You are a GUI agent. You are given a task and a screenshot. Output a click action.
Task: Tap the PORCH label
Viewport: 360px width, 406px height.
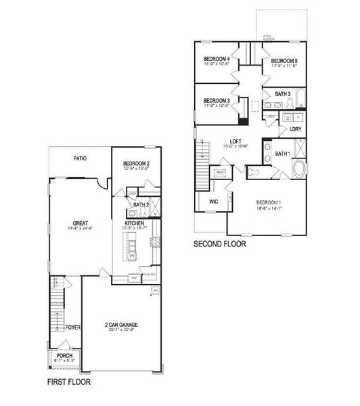click(64, 355)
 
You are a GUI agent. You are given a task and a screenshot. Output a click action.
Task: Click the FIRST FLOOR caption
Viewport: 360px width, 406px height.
click(68, 382)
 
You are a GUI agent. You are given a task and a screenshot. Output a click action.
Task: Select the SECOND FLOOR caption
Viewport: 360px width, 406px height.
click(219, 244)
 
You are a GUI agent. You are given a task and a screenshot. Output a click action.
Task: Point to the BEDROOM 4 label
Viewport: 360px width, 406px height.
click(217, 60)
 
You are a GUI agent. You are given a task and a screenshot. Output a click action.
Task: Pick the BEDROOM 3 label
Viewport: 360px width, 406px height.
click(217, 100)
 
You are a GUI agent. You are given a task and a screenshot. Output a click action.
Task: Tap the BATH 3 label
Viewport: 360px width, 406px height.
click(283, 93)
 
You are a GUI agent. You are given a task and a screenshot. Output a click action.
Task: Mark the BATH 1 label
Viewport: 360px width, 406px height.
click(283, 154)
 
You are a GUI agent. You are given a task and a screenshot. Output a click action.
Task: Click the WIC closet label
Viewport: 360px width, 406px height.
click(213, 202)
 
